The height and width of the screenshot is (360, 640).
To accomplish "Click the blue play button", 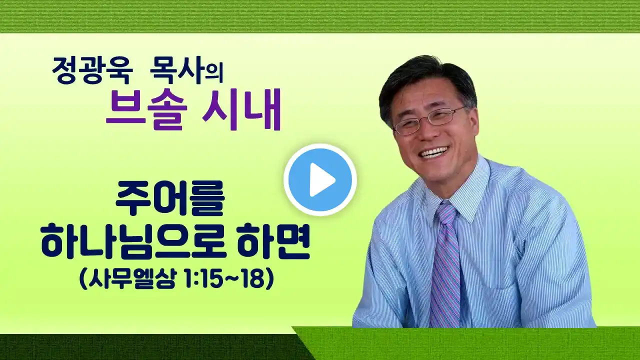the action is point(320,179).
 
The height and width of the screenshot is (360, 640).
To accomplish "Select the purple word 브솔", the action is point(146,110).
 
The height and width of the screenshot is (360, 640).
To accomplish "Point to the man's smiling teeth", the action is point(435,152).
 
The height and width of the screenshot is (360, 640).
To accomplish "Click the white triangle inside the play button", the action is point(321,179).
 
